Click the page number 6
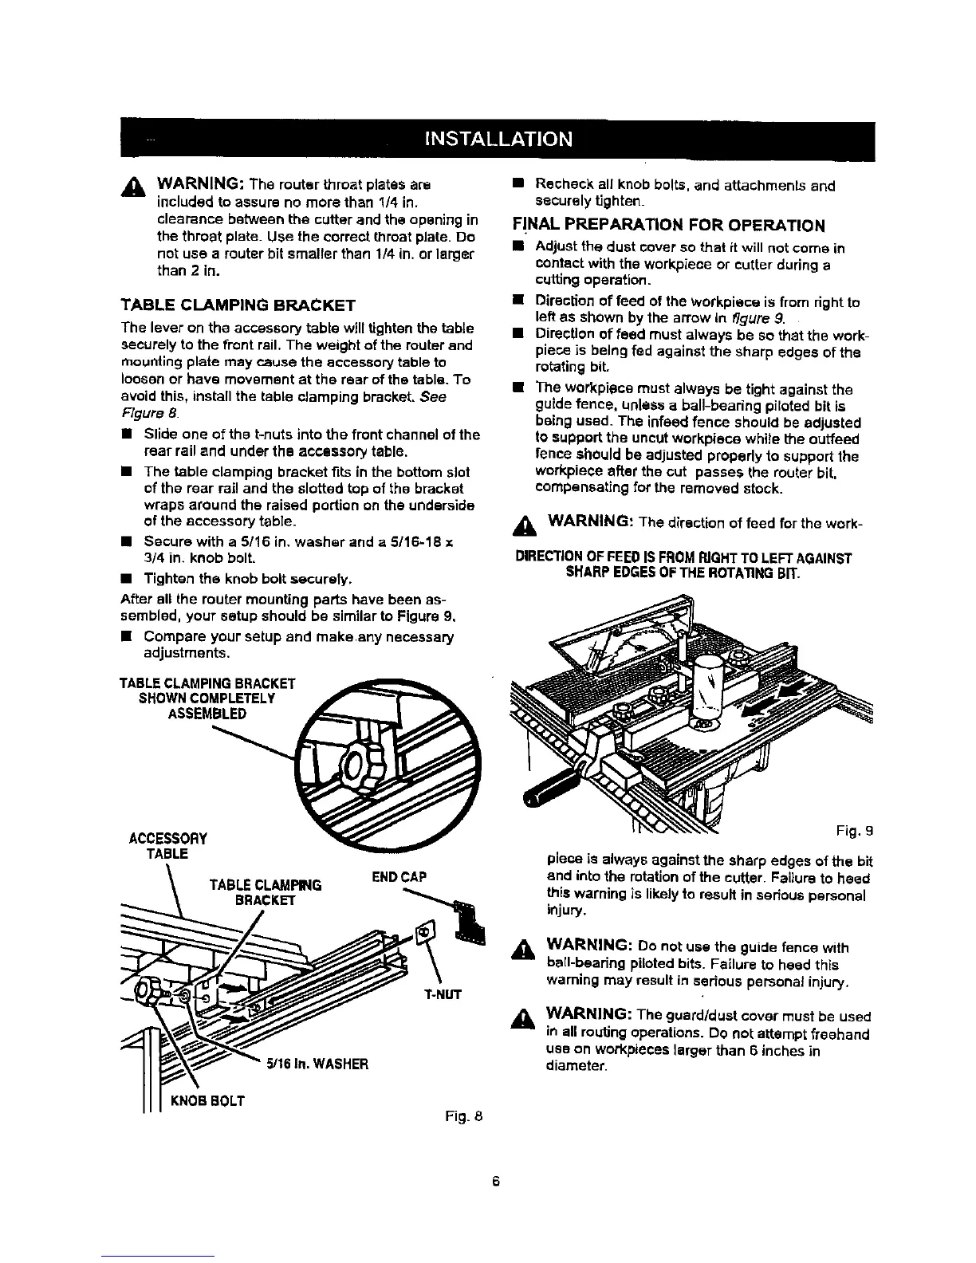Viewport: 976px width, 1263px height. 495,1182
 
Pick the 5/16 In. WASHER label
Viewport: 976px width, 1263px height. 316,1063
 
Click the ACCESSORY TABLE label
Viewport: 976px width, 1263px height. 167,846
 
